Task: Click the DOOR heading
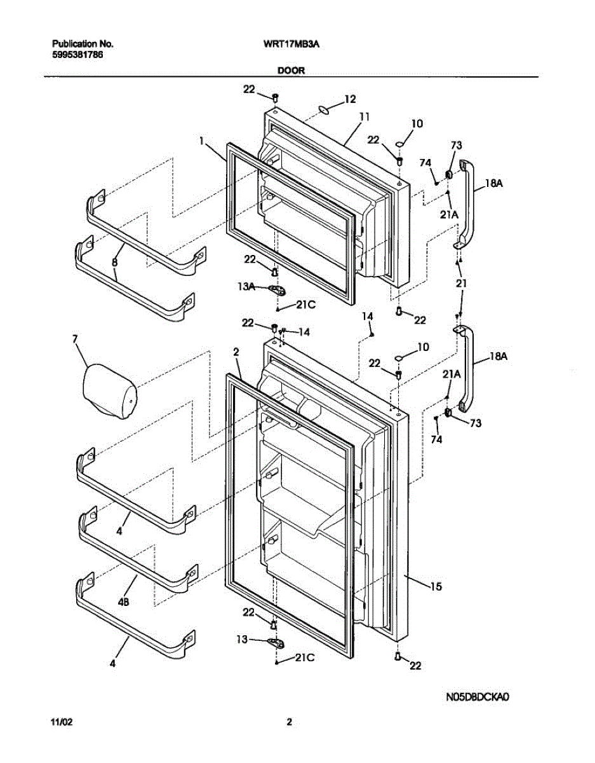[x=291, y=71]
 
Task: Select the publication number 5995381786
[x=77, y=55]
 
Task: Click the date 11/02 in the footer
[x=60, y=722]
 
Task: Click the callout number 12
[x=350, y=99]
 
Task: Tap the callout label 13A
[x=246, y=287]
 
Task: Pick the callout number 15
[x=436, y=586]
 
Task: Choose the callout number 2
[x=236, y=352]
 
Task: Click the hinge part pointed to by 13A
[x=277, y=290]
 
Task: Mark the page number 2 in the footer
[x=289, y=722]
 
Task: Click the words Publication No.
[x=83, y=45]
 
